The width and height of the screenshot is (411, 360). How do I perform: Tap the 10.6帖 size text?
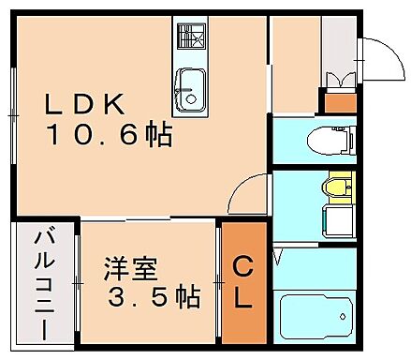pos(110,137)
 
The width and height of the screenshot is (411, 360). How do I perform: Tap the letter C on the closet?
pos(242,268)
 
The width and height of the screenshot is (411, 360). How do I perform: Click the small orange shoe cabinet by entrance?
pos(339,100)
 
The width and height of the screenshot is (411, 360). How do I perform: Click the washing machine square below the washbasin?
pos(334,221)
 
